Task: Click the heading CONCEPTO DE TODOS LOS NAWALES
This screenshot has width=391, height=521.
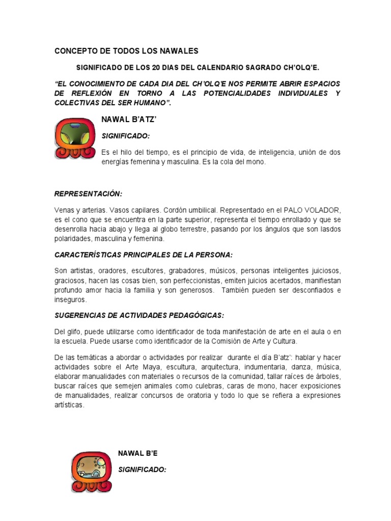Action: coord(126,51)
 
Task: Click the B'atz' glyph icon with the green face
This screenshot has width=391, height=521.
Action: coord(73,137)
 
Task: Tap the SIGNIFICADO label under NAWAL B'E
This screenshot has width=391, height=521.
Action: coord(142,470)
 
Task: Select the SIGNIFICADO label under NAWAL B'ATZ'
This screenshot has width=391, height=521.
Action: coord(126,136)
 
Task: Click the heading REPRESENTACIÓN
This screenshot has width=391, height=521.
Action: coord(88,194)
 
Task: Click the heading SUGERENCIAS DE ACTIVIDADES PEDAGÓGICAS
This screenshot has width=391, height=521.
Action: coord(139,315)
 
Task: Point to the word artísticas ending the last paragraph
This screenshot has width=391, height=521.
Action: coord(69,406)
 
